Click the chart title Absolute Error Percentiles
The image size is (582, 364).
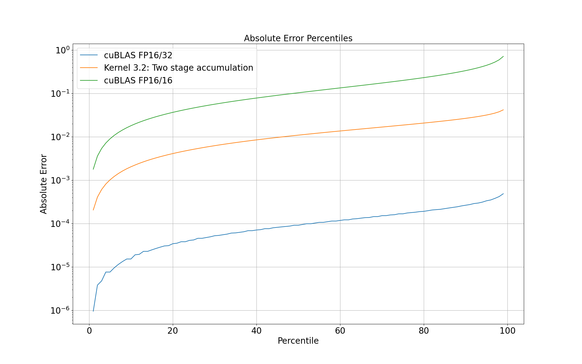(298, 39)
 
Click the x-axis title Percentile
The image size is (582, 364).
(298, 341)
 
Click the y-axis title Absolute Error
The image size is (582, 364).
(44, 184)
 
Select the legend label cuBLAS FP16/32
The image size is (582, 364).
(138, 55)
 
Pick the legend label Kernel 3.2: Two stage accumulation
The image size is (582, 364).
(178, 68)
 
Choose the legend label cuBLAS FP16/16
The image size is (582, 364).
(138, 80)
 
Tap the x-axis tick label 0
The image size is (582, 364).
(89, 331)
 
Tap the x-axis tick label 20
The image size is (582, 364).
(173, 331)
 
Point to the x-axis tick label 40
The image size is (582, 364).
(256, 331)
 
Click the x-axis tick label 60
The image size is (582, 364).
(340, 331)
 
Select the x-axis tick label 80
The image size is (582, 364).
(424, 331)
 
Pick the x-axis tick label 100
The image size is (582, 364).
(507, 331)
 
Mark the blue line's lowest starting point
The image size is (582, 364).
(93, 311)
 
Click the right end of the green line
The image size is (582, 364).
(503, 56)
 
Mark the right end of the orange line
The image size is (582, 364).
(503, 110)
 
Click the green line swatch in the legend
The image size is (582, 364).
(89, 80)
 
